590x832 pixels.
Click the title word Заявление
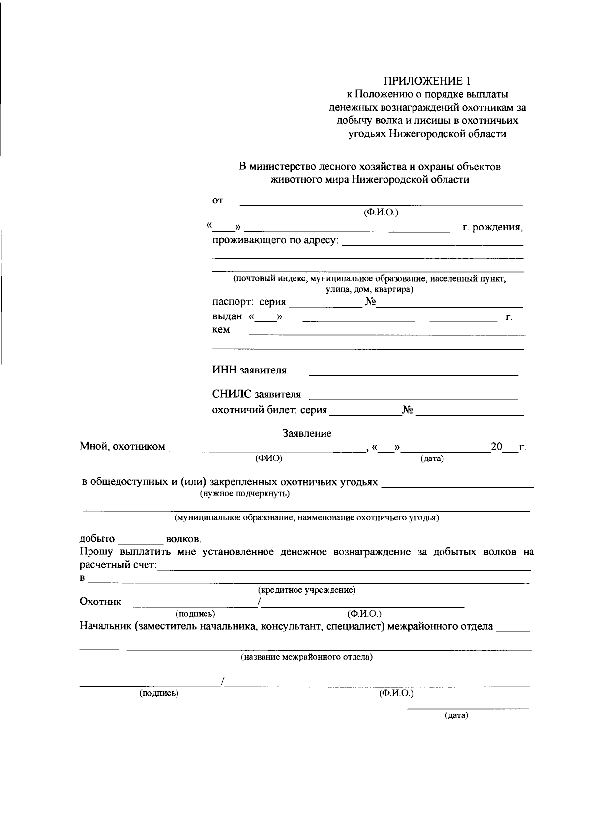(x=307, y=433)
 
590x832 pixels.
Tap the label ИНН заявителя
(x=249, y=370)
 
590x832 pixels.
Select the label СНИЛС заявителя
(x=256, y=394)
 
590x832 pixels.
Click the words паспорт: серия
(x=249, y=302)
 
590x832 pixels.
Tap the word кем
(x=221, y=330)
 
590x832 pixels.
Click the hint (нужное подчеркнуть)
(x=244, y=493)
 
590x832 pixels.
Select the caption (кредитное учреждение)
(x=307, y=590)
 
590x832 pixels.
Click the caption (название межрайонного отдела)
(x=306, y=657)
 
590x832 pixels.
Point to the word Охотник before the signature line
(x=100, y=602)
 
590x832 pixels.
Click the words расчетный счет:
(x=118, y=565)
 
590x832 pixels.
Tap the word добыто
(x=97, y=539)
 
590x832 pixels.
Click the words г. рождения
(x=492, y=228)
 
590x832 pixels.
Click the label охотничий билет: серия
(x=269, y=410)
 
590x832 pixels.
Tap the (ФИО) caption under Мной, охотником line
(x=268, y=459)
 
